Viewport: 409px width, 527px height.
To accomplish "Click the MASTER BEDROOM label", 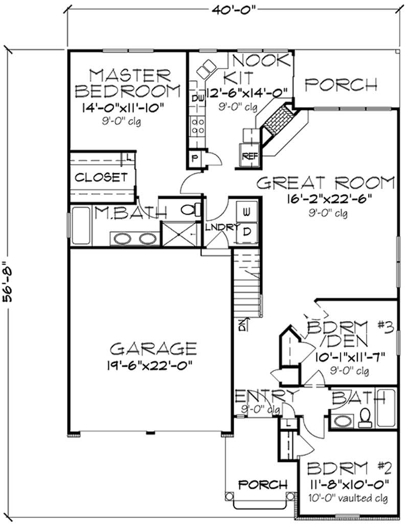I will tap(127, 83).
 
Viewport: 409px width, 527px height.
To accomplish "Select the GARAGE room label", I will tap(153, 349).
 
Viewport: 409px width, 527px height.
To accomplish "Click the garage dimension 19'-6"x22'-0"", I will tap(153, 366).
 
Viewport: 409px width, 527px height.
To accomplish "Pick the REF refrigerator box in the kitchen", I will tap(249, 156).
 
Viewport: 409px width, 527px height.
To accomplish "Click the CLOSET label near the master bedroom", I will tap(101, 177).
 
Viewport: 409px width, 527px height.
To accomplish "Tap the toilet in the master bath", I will tap(189, 209).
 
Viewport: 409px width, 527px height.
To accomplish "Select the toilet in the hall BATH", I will tap(365, 418).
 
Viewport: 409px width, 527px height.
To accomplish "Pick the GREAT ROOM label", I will tap(325, 182).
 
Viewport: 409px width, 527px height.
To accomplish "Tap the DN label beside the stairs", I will tap(241, 324).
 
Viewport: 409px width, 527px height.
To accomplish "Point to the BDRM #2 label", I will tap(349, 468).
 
